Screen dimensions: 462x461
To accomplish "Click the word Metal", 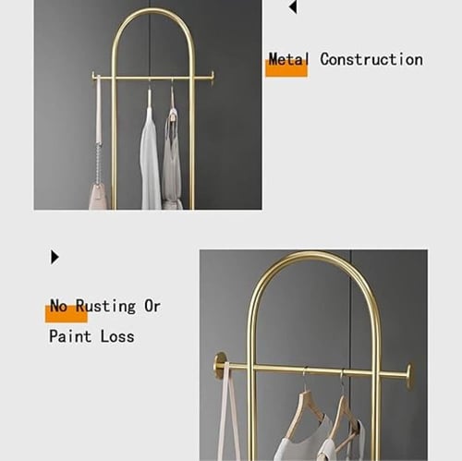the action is click(288, 59).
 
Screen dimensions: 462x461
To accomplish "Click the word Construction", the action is click(371, 59).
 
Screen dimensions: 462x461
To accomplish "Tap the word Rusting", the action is click(105, 307).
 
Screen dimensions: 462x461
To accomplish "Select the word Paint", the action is click(70, 336).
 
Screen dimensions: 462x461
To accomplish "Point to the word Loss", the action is click(117, 336).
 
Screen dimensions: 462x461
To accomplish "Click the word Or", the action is click(152, 306).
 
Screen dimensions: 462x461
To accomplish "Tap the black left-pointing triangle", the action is click(293, 7).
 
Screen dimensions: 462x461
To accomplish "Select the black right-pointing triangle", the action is click(55, 257).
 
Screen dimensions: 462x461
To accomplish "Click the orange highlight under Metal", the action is click(286, 68).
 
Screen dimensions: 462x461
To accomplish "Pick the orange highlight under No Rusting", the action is click(67, 314).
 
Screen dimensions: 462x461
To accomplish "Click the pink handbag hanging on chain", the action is click(99, 196).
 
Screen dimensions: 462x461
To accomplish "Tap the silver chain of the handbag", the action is click(98, 163).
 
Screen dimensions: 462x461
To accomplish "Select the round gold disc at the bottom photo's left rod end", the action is click(220, 366).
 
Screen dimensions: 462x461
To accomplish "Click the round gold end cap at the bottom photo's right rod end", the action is click(409, 377).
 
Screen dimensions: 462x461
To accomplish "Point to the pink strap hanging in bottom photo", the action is click(229, 413).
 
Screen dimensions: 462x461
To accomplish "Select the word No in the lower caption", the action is click(58, 306).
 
